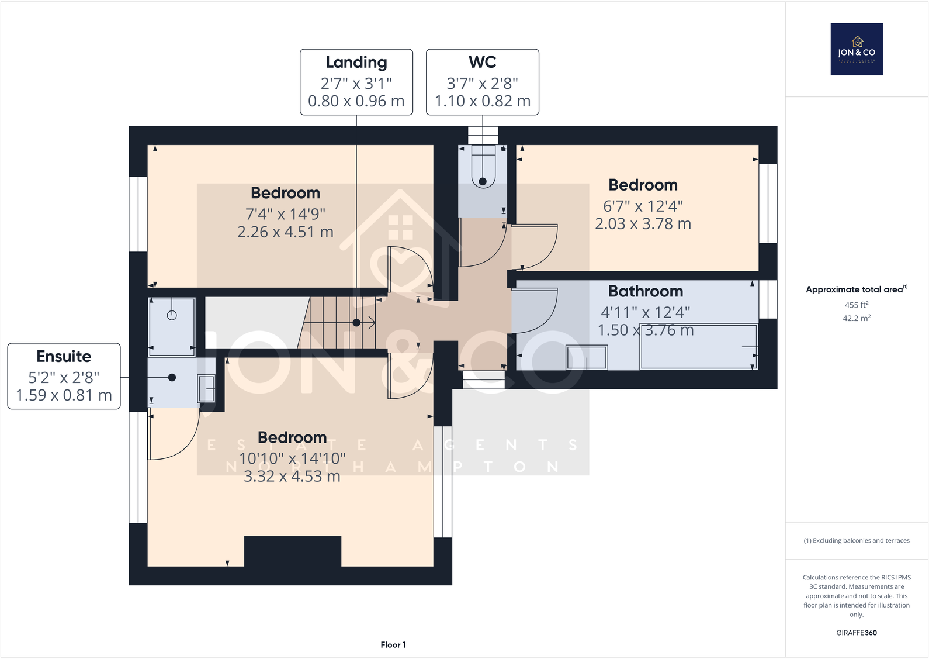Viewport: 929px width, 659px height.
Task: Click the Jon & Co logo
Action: pos(857,49)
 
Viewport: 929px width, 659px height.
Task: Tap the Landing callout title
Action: pos(356,63)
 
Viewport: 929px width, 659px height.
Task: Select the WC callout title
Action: pos(482,62)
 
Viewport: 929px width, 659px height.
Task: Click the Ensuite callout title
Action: pos(64,357)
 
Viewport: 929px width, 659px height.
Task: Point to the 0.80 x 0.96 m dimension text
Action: pos(356,101)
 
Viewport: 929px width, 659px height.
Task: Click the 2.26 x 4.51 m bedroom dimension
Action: pos(285,232)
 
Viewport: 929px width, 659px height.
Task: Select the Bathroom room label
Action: pos(645,291)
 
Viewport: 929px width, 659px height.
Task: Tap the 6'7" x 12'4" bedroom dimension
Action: pos(643,206)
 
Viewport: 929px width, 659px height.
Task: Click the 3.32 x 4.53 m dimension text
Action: pos(292,477)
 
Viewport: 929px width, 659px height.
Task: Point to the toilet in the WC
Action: pos(483,170)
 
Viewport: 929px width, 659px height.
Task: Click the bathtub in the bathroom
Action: pos(698,346)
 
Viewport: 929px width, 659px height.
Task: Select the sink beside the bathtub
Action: pos(587,357)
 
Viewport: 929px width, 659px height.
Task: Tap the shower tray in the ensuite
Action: pos(172,326)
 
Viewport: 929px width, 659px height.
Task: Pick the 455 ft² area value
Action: pos(856,305)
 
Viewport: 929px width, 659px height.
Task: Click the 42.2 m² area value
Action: pos(856,318)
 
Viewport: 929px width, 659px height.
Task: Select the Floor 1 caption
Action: pos(393,644)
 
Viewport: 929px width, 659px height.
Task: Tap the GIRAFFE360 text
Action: pos(856,633)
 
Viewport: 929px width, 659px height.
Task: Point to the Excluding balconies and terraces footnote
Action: pos(856,540)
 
